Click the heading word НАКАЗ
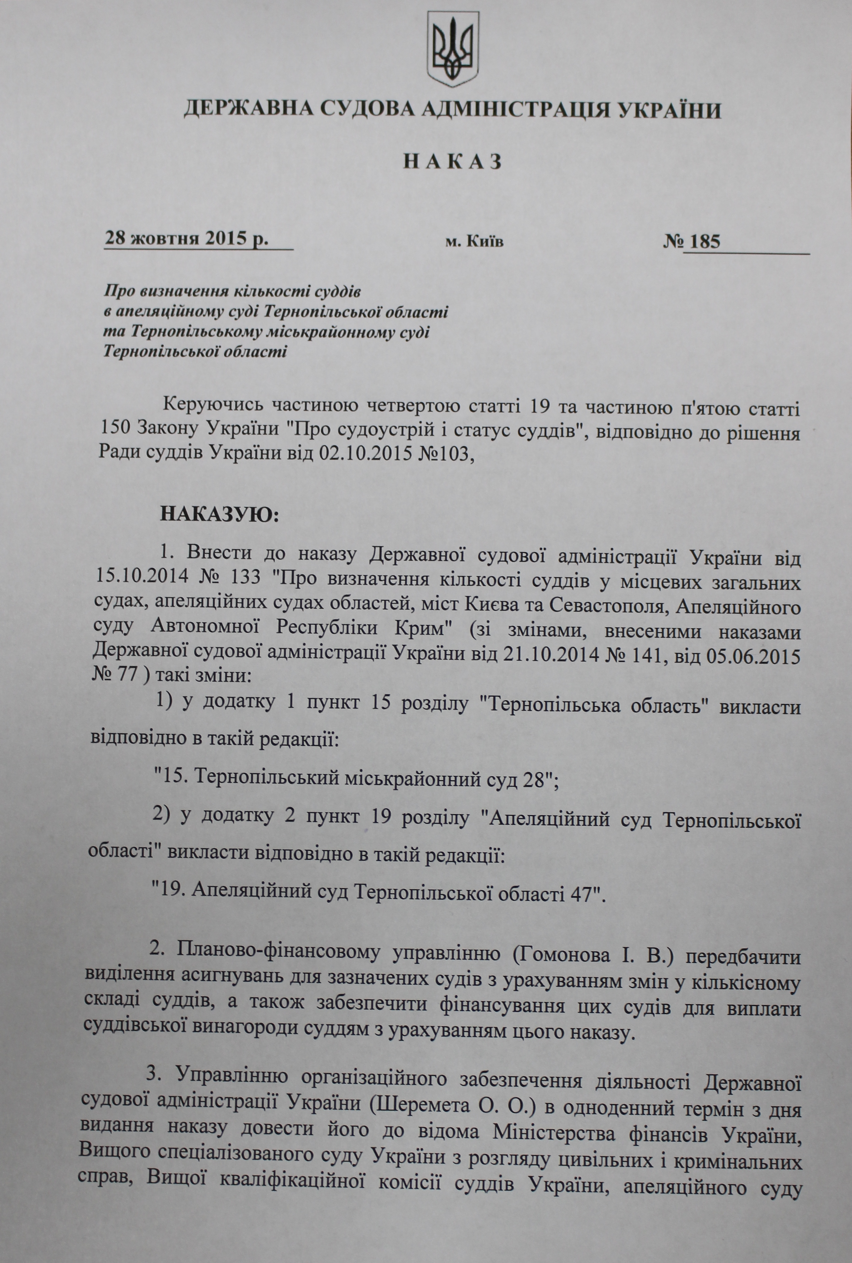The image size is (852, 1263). point(452,162)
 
